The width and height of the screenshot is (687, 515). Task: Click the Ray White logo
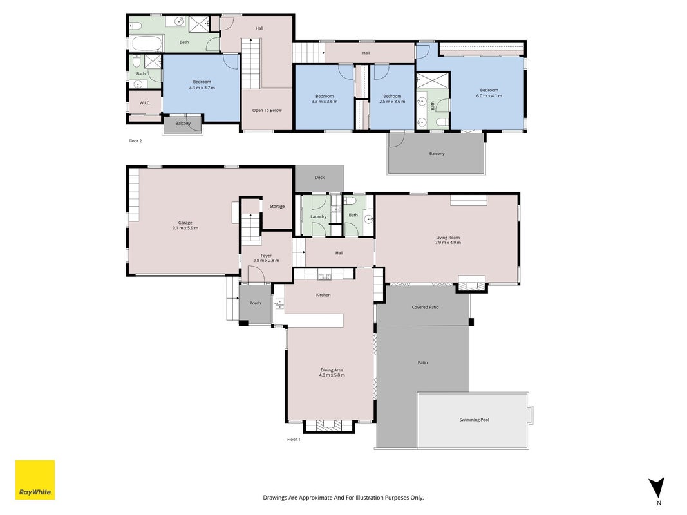(35, 480)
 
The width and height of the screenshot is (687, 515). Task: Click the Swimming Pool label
(474, 420)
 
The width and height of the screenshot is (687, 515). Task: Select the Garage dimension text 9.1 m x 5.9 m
(185, 228)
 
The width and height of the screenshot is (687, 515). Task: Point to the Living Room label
(447, 238)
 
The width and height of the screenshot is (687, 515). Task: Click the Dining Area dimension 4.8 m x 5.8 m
(332, 375)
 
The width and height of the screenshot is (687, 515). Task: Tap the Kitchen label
(323, 295)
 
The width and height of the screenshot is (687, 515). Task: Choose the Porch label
(255, 303)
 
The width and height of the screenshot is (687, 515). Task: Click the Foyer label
(266, 256)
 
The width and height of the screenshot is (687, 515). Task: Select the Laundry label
(319, 216)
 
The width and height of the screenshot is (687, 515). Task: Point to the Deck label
(320, 178)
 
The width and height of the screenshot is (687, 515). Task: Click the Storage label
(277, 206)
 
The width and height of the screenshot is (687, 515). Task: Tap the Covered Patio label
(425, 308)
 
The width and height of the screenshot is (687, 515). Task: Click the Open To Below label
(267, 110)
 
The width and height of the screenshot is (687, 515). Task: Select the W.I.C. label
(145, 103)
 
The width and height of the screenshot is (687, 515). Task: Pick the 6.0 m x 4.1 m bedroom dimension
(489, 96)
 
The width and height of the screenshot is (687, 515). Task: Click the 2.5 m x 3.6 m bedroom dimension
(392, 102)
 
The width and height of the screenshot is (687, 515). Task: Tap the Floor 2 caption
(135, 141)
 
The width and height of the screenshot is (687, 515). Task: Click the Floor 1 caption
(294, 439)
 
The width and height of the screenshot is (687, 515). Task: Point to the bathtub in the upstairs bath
(147, 44)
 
